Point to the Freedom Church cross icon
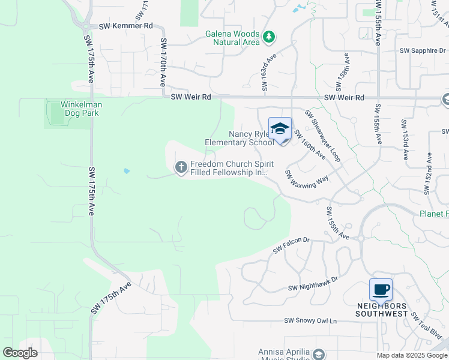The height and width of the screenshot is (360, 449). pyautogui.click(x=181, y=167)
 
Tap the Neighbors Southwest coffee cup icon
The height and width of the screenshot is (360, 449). pyautogui.click(x=381, y=290)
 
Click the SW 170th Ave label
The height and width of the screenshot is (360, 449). pyautogui.click(x=163, y=62)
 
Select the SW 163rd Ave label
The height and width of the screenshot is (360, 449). pyautogui.click(x=267, y=72)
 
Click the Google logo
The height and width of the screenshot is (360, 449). pyautogui.click(x=20, y=353)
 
